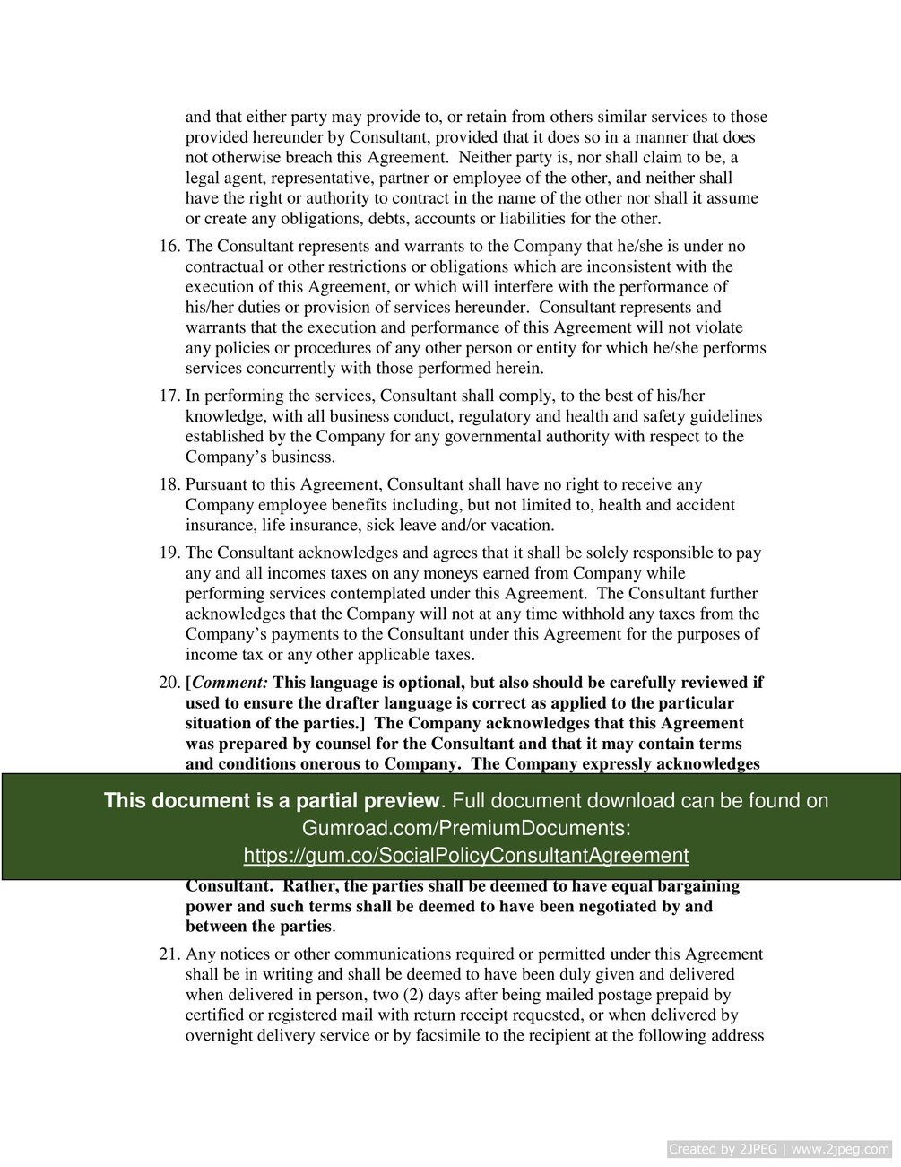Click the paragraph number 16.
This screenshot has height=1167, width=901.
(169, 247)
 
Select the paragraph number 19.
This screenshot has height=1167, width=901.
(169, 553)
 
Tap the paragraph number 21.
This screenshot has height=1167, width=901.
(169, 954)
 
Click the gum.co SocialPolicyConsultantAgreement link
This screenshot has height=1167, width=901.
(465, 855)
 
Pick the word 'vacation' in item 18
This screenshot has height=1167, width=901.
(522, 526)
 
